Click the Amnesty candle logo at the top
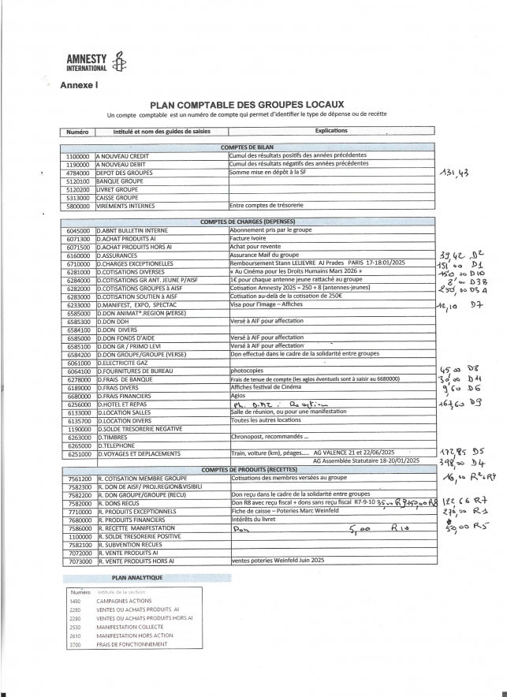click(118, 64)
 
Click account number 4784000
click(78, 172)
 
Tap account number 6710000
click(78, 263)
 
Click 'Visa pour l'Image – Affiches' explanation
click(267, 304)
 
